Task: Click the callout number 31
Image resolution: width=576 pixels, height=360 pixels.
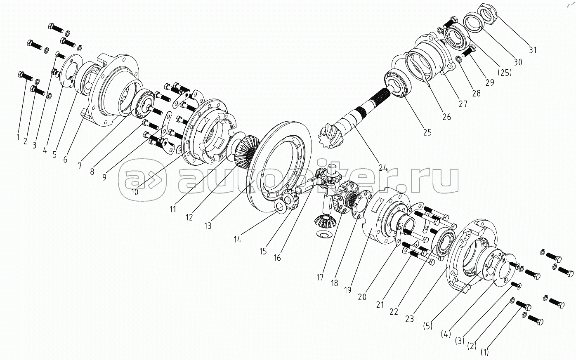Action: coord(533,50)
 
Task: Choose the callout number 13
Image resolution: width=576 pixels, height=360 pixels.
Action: coord(208,226)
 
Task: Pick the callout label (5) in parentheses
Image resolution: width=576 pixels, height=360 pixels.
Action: coord(427,325)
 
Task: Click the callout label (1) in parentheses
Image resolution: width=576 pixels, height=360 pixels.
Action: coord(484,352)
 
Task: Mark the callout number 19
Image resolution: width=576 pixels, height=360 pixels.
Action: coord(348,290)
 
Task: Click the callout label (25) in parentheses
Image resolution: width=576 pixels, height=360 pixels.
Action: coord(504,72)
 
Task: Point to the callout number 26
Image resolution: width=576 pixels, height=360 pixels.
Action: coord(446,117)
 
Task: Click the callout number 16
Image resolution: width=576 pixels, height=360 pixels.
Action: coord(277,258)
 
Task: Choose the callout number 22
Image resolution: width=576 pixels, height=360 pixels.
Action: coord(394,312)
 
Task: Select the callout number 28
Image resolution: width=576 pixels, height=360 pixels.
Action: coord(476,93)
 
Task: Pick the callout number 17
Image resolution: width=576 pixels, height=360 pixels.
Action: coord(320,278)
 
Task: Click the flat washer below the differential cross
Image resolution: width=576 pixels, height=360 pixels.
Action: coord(322,235)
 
